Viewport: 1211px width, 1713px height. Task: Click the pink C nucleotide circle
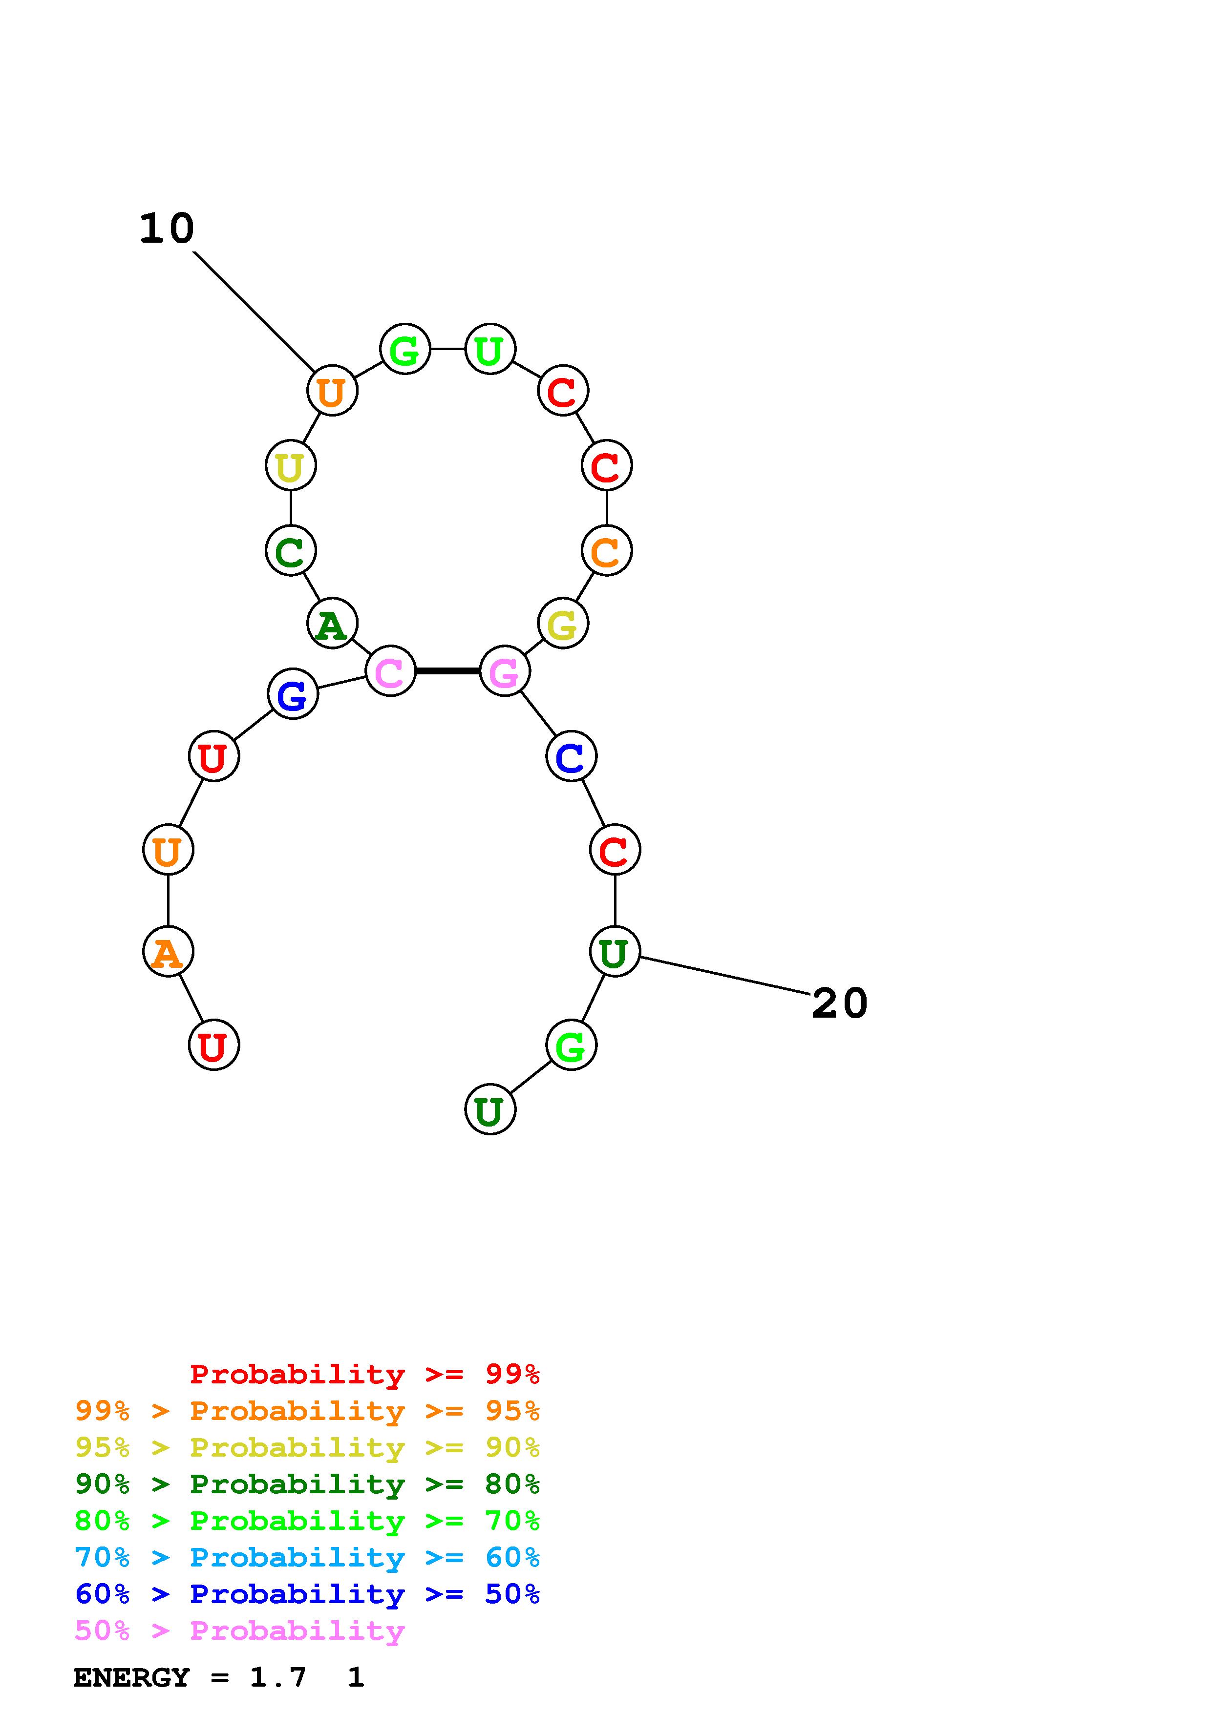[x=390, y=671]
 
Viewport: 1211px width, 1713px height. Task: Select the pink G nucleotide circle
[x=505, y=671]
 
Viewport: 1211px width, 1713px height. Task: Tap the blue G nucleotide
[x=293, y=694]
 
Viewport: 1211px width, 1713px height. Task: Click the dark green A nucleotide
[x=333, y=623]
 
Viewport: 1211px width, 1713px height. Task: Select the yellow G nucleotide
[x=563, y=623]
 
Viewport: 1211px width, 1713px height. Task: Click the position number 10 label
[x=167, y=229]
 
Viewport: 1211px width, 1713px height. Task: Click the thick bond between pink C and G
[x=447, y=671]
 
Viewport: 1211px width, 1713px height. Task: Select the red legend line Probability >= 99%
[x=365, y=1374]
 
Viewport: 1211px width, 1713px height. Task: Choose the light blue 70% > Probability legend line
[x=307, y=1557]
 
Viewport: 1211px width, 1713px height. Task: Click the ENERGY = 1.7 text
[x=190, y=1678]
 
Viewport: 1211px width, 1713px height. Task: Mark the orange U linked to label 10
[x=333, y=390]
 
